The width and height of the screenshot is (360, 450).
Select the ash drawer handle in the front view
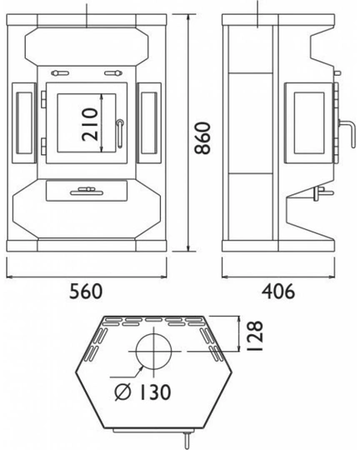tap(83, 191)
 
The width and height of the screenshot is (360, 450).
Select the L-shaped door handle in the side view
tap(342, 133)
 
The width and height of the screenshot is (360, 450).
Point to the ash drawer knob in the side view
tap(317, 194)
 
